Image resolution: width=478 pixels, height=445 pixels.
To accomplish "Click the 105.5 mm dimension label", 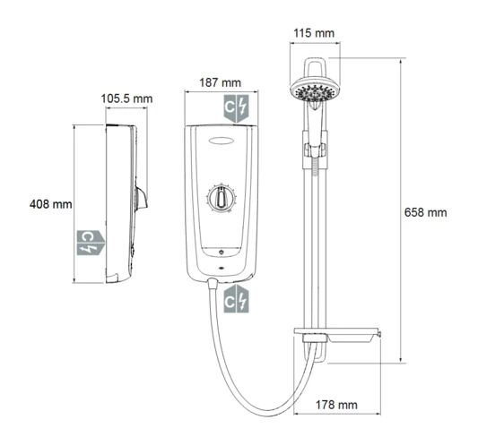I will pyautogui.click(x=126, y=98).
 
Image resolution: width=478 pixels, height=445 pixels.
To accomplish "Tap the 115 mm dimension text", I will pyautogui.click(x=314, y=33).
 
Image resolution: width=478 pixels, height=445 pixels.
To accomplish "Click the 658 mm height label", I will pyautogui.click(x=424, y=212).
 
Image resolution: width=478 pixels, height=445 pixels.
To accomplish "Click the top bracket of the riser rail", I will pyautogui.click(x=314, y=66).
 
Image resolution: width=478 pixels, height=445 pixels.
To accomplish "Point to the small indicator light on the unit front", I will pyautogui.click(x=221, y=266).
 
